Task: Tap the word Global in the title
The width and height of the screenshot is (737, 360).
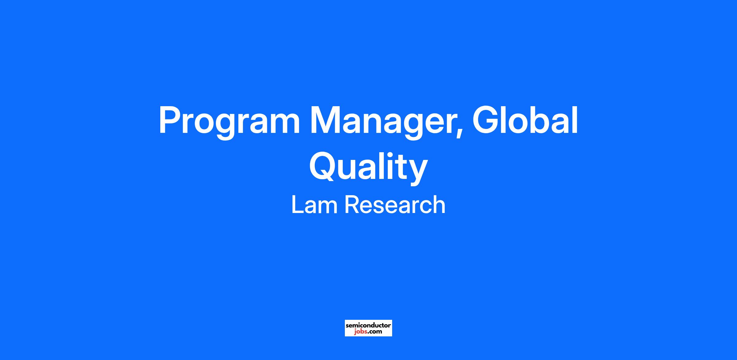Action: pyautogui.click(x=525, y=120)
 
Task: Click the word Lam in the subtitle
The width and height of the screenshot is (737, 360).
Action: pyautogui.click(x=314, y=205)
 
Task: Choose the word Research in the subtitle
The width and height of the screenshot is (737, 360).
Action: pyautogui.click(x=395, y=205)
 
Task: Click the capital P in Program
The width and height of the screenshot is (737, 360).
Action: pyautogui.click(x=170, y=120)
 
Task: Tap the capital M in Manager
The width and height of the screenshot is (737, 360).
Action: pyautogui.click(x=325, y=120)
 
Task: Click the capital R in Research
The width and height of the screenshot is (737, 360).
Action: pyautogui.click(x=352, y=205)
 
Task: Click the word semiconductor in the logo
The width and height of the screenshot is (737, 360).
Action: pyautogui.click(x=368, y=325)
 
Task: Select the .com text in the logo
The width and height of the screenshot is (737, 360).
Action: pyautogui.click(x=374, y=331)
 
